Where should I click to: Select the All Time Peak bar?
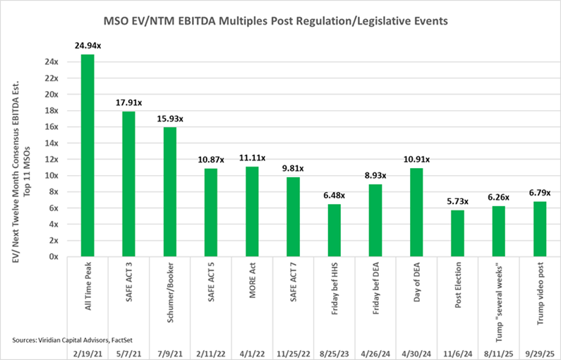tap(88, 155)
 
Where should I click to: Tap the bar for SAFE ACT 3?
tap(128, 184)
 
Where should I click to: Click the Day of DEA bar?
tap(416, 212)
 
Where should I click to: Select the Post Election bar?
tap(457, 233)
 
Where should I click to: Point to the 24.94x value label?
tap(88, 46)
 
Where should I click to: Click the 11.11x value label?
tap(252, 159)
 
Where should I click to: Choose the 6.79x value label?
tap(539, 193)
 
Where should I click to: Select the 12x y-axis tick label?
tap(51, 159)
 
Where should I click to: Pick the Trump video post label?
tap(539, 289)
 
